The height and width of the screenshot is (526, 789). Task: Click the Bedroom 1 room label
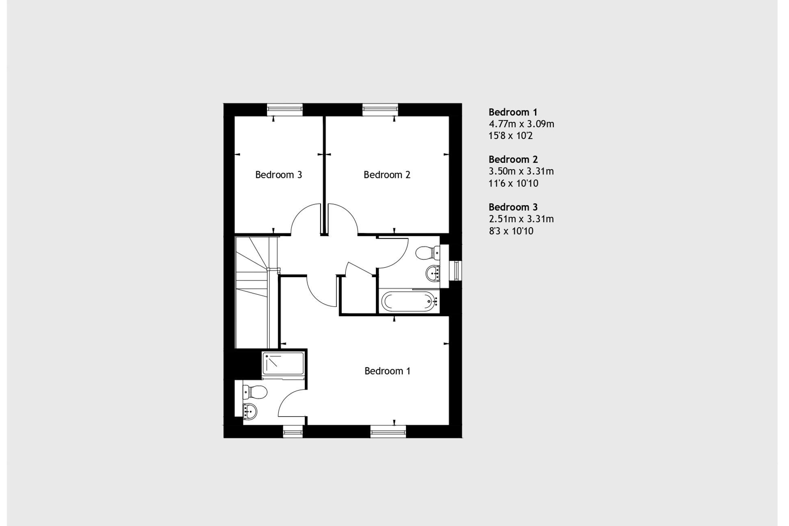[387, 371]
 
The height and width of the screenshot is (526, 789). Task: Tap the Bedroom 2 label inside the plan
[387, 175]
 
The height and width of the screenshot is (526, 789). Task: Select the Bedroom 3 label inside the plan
[278, 175]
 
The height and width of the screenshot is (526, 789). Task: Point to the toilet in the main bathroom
[427, 252]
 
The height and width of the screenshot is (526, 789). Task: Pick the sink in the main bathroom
[433, 273]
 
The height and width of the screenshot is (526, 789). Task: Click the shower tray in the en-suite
[283, 363]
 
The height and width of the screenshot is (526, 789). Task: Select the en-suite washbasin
[249, 411]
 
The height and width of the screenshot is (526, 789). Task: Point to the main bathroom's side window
[457, 271]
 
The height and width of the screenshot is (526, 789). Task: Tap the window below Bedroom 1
[388, 431]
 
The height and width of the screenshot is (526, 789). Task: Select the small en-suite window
[293, 431]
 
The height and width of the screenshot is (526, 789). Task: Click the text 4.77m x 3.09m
[521, 124]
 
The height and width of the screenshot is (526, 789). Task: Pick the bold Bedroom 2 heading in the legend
[513, 159]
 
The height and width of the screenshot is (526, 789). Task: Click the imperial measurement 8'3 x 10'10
[511, 231]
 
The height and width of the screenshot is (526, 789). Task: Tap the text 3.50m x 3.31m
[521, 172]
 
